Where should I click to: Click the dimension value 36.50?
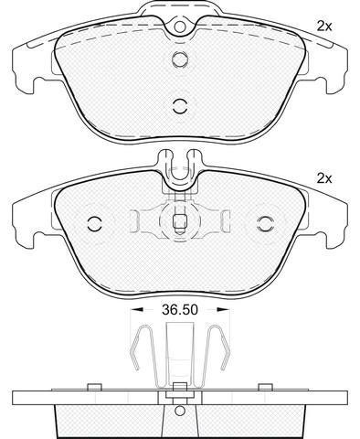pyautogui.click(x=180, y=310)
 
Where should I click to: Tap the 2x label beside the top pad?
pyautogui.click(x=324, y=27)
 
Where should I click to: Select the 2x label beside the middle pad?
pyautogui.click(x=324, y=178)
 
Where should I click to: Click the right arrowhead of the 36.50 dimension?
pyautogui.click(x=223, y=310)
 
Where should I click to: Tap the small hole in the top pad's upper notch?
pyautogui.click(x=180, y=27)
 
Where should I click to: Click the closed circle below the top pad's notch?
pyautogui.click(x=180, y=59)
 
